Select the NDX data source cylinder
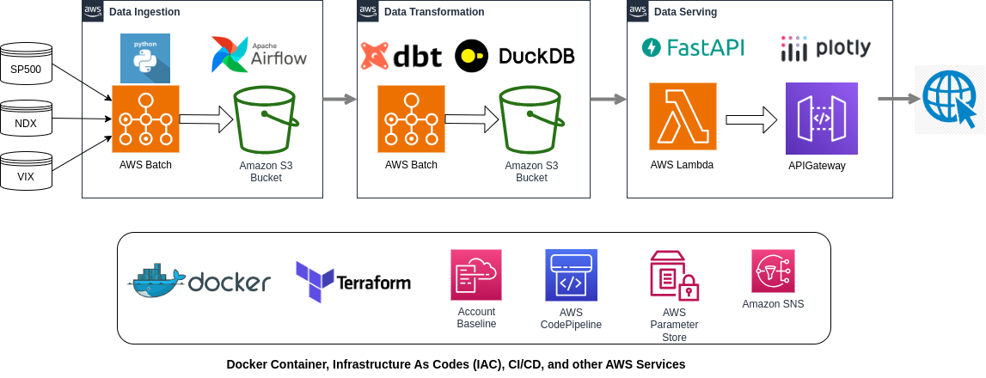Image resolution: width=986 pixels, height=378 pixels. (x=26, y=119)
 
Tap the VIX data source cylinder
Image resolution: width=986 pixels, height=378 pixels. (x=26, y=170)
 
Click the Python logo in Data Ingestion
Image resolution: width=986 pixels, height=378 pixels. (x=145, y=58)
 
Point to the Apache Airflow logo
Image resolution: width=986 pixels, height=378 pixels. (x=259, y=54)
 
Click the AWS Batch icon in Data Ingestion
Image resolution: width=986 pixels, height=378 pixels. (x=146, y=119)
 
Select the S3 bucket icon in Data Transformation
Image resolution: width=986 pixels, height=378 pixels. (x=530, y=119)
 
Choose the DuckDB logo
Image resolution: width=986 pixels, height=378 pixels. (x=514, y=56)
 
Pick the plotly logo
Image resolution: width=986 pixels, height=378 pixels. (x=825, y=48)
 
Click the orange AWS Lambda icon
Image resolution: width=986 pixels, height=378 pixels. (x=683, y=116)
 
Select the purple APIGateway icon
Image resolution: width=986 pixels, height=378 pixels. (x=821, y=119)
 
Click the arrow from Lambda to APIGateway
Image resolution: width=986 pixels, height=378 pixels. (x=751, y=119)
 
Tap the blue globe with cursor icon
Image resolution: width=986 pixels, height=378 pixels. (x=950, y=100)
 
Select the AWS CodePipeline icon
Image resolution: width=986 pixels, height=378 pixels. (x=571, y=276)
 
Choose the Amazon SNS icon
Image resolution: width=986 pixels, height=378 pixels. (x=773, y=271)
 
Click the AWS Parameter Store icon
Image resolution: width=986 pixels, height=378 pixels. (x=674, y=276)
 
